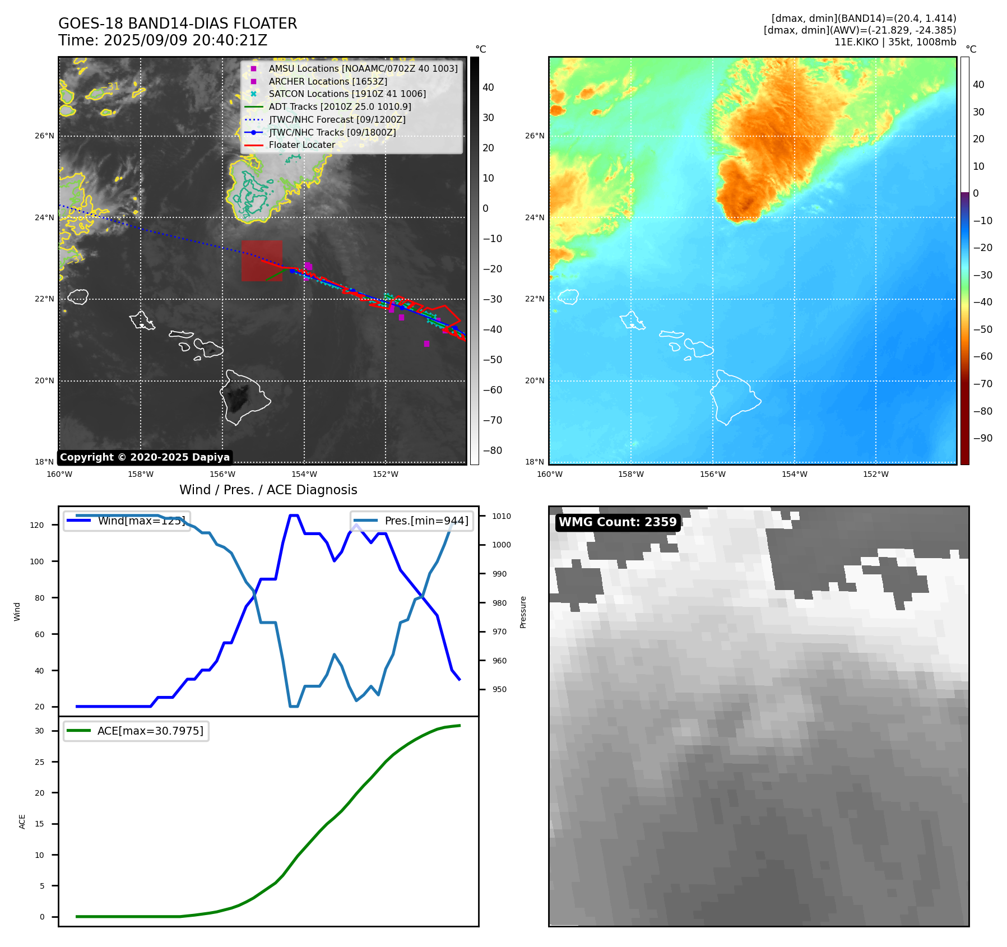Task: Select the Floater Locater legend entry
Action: (x=301, y=145)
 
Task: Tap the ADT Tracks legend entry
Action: (x=340, y=106)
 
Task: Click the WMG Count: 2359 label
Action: (x=618, y=522)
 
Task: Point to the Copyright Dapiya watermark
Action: (x=145, y=457)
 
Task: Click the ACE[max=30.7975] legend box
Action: (x=136, y=731)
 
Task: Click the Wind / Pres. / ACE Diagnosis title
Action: (x=268, y=490)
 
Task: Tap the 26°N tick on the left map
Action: (x=45, y=136)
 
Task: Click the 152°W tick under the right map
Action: (x=875, y=474)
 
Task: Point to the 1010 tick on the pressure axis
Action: (x=502, y=516)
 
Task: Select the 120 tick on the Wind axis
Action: (x=37, y=525)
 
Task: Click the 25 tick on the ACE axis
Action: (x=39, y=762)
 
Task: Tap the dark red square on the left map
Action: (x=262, y=261)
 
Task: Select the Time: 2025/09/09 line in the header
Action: (x=163, y=40)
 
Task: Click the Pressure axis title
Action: (x=523, y=611)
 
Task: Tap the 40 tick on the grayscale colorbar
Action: (x=488, y=87)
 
